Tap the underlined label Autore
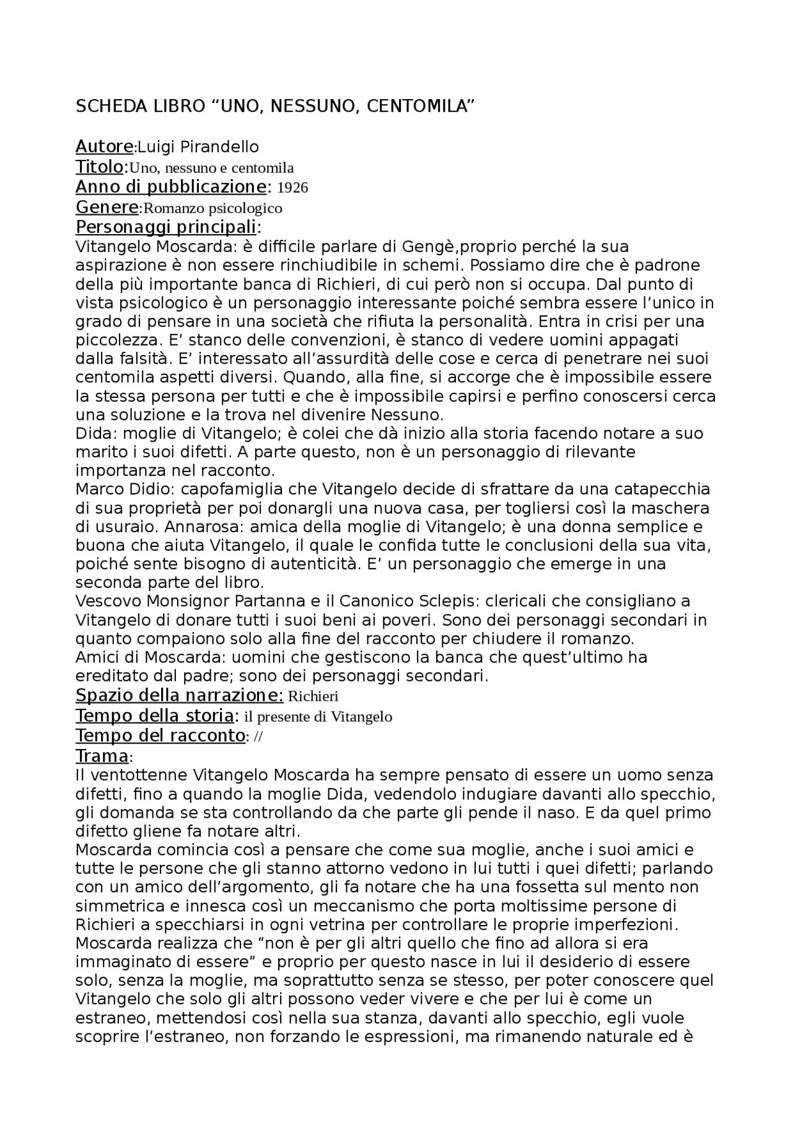(x=104, y=147)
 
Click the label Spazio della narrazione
(x=179, y=696)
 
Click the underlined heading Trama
(x=102, y=756)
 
